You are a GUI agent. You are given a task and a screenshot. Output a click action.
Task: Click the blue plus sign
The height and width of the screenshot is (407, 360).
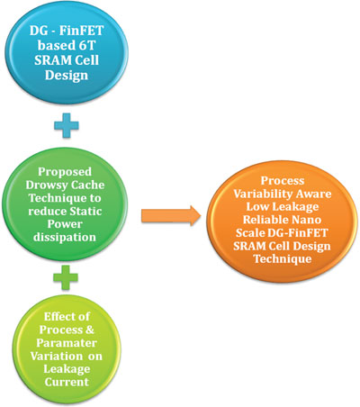click(67, 125)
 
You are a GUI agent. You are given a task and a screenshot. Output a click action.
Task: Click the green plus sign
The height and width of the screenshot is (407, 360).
click(66, 277)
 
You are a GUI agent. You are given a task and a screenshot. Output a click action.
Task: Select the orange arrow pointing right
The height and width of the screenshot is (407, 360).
click(171, 215)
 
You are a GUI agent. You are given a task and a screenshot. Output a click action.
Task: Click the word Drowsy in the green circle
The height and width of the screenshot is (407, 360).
click(43, 185)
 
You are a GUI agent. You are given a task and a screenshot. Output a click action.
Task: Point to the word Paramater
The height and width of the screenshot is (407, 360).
click(67, 343)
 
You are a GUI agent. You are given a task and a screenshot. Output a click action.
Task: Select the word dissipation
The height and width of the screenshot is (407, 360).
click(65, 238)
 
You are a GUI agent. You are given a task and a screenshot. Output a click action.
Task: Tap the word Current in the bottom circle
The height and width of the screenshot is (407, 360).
click(67, 382)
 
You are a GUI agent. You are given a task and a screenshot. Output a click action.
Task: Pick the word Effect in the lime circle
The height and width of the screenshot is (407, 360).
click(59, 317)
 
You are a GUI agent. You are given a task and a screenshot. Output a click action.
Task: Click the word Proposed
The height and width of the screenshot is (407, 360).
click(65, 172)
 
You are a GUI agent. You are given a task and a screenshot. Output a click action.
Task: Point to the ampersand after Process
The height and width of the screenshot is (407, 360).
click(89, 330)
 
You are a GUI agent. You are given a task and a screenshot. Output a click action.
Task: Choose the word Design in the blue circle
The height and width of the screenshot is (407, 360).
click(67, 76)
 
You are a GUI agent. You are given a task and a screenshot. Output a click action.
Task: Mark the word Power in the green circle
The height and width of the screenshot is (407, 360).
click(65, 224)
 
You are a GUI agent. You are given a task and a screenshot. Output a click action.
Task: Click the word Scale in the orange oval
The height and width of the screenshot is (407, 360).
click(250, 233)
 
